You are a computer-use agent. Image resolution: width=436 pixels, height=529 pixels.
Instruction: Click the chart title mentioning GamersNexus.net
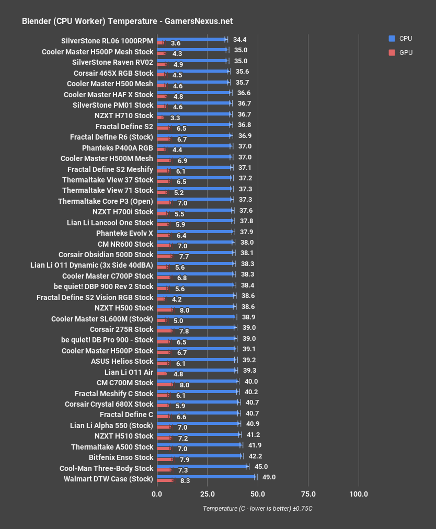click(127, 21)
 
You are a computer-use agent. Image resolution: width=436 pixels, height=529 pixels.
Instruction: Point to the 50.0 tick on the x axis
click(257, 494)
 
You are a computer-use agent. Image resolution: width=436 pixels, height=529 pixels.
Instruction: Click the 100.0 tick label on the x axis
click(359, 494)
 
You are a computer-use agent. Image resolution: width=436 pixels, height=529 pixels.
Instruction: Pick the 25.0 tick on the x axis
click(207, 494)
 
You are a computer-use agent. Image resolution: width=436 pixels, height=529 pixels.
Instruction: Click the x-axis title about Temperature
click(257, 509)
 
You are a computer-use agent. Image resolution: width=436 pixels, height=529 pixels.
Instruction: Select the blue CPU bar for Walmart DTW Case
click(206, 476)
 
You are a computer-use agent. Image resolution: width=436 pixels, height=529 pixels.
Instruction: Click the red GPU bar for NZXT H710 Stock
click(160, 118)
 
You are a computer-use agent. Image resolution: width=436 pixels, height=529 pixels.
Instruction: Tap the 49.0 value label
click(269, 477)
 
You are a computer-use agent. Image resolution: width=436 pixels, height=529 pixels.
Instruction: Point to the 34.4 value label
click(239, 39)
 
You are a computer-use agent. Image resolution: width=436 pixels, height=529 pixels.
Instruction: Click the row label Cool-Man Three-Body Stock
click(106, 468)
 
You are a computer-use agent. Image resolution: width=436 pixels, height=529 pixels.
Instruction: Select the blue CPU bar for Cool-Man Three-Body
click(202, 465)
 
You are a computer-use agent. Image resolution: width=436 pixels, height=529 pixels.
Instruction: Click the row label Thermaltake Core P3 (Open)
click(106, 201)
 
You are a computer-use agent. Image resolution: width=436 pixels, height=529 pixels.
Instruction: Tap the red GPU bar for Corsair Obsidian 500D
click(164, 256)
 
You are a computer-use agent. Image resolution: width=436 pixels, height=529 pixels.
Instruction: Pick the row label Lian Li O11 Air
click(129, 372)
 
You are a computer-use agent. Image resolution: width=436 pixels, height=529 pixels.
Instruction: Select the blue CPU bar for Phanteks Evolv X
click(194, 231)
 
